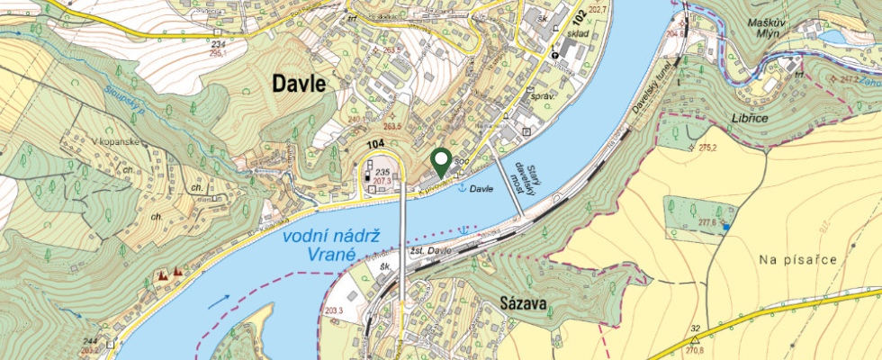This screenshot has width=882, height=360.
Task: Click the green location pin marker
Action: tap(441, 162)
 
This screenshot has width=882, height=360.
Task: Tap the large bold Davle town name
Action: tap(301, 84)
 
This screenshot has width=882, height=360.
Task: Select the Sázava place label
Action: tap(523, 305)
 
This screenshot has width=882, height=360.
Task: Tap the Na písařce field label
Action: tap(798, 260)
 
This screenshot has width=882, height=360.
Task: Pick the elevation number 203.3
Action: tap(334, 311)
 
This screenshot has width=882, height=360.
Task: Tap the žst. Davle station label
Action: tap(431, 250)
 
